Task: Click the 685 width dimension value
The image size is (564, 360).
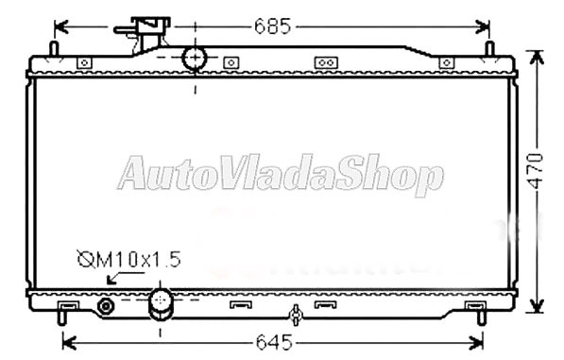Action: click(x=272, y=26)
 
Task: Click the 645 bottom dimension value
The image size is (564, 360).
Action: click(x=274, y=342)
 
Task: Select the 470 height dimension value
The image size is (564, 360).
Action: click(x=536, y=171)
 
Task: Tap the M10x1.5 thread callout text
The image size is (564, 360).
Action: click(x=128, y=259)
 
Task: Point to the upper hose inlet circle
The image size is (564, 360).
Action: click(x=195, y=58)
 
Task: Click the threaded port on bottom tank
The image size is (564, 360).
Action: click(x=106, y=307)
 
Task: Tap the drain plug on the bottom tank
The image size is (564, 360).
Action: click(x=296, y=315)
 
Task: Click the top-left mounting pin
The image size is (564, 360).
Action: click(x=54, y=49)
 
